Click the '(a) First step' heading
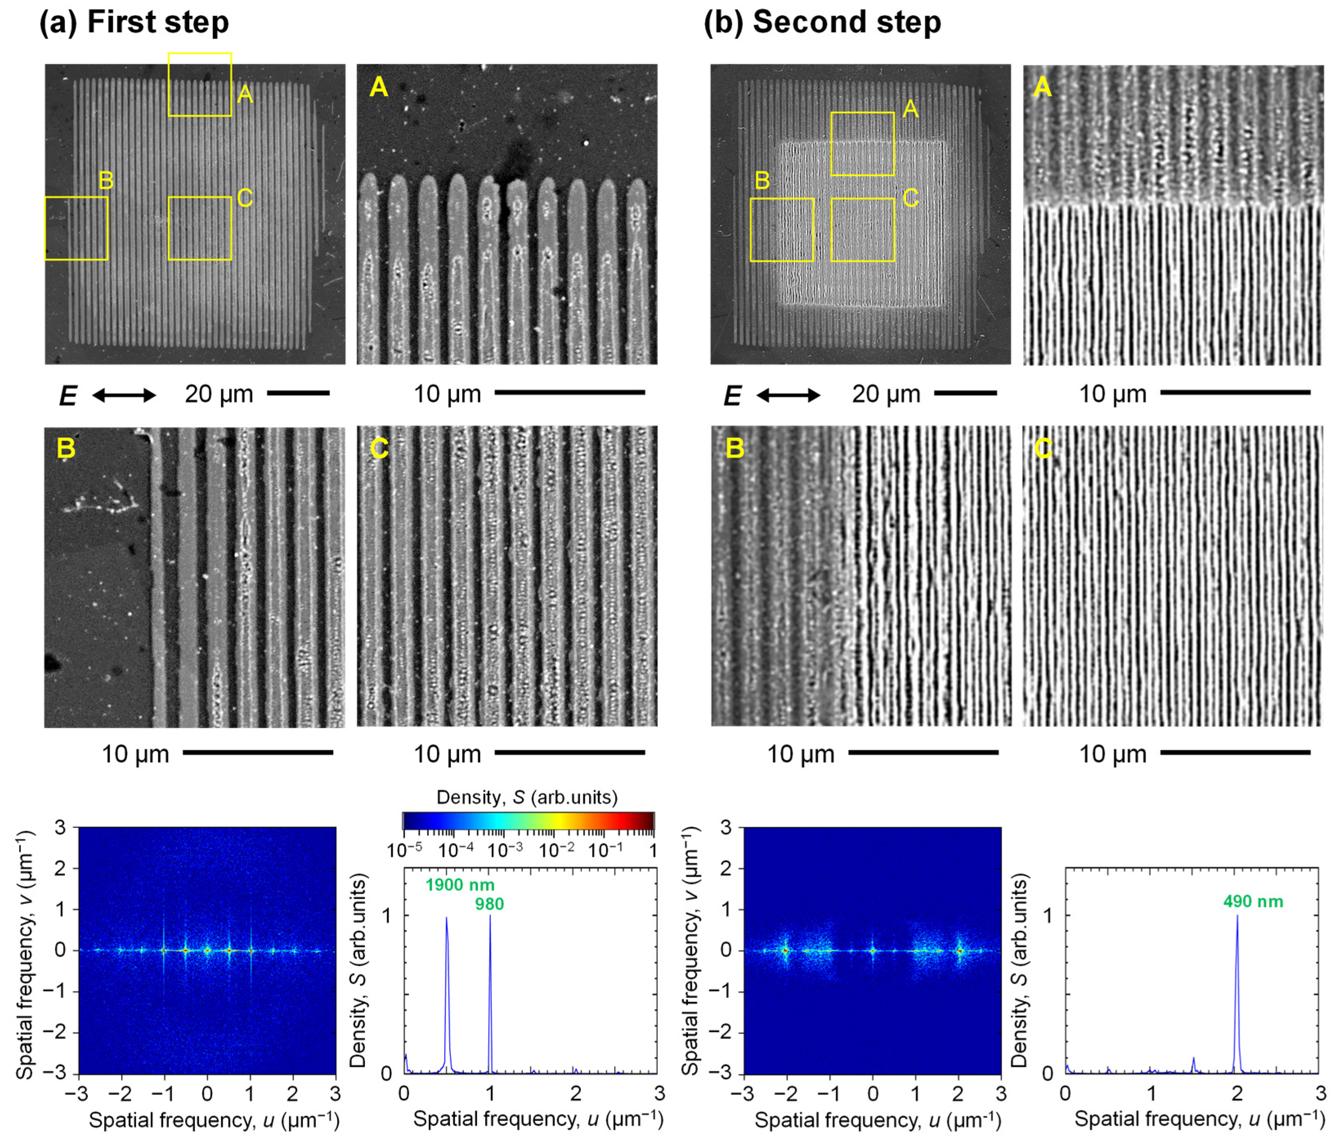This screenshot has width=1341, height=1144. click(x=134, y=22)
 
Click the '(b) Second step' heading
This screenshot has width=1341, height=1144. click(x=822, y=22)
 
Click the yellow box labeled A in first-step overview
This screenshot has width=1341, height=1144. click(x=199, y=85)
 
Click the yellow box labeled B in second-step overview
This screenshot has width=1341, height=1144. click(x=782, y=230)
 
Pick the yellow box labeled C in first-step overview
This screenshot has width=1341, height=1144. click(x=199, y=228)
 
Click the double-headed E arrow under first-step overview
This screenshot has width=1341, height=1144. click(x=124, y=395)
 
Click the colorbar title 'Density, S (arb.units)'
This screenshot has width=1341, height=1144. click(x=527, y=797)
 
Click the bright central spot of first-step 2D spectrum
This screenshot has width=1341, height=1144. click(x=207, y=951)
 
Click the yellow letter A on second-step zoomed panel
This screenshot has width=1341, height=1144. click(x=1042, y=86)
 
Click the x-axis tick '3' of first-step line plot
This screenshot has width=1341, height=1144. click(x=659, y=1093)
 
